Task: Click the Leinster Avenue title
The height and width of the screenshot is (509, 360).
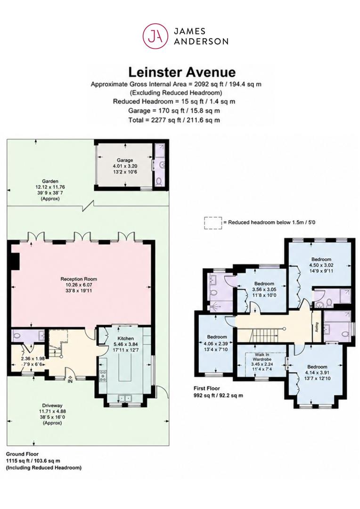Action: pyautogui.click(x=182, y=72)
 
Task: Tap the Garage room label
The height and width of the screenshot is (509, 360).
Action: pyautogui.click(x=125, y=160)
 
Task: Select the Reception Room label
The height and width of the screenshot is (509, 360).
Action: pyautogui.click(x=79, y=279)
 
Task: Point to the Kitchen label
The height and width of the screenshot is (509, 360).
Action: pyautogui.click(x=126, y=338)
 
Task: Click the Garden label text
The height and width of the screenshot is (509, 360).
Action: pyautogui.click(x=50, y=181)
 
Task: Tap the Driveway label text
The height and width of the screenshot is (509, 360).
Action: pyautogui.click(x=52, y=405)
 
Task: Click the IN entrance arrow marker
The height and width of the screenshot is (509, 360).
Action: pyautogui.click(x=70, y=379)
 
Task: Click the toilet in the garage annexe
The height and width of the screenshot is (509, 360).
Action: pyautogui.click(x=159, y=181)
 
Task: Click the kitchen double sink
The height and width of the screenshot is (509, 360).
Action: pyautogui.click(x=125, y=398)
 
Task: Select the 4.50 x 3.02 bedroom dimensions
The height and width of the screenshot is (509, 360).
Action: pyautogui.click(x=321, y=264)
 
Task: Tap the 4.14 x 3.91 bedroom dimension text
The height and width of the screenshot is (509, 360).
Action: pyautogui.click(x=317, y=373)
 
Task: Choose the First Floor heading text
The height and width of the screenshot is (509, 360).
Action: pyautogui.click(x=207, y=388)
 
